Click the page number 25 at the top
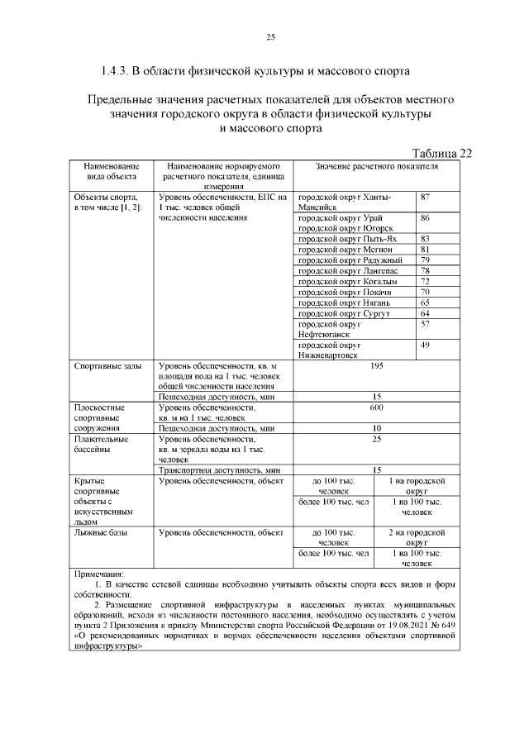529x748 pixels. (x=269, y=37)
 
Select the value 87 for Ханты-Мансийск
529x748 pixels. (x=425, y=198)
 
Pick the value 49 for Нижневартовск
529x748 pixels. (x=425, y=345)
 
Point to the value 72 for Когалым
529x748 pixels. (x=425, y=282)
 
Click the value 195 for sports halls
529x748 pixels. (x=377, y=365)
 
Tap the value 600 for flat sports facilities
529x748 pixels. (x=377, y=407)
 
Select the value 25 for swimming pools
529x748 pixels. (x=377, y=439)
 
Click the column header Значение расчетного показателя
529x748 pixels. (x=377, y=166)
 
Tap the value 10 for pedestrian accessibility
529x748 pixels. (x=377, y=428)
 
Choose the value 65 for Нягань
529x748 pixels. (x=425, y=303)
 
